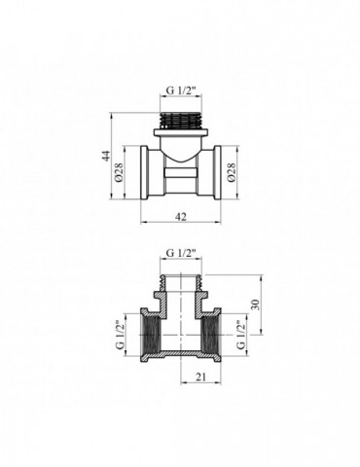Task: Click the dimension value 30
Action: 256,304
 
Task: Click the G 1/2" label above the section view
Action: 180,255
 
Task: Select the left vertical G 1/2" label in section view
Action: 122,333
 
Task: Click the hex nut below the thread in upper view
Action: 180,132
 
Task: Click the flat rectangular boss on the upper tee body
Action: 181,181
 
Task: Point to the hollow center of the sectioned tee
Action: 181,334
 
